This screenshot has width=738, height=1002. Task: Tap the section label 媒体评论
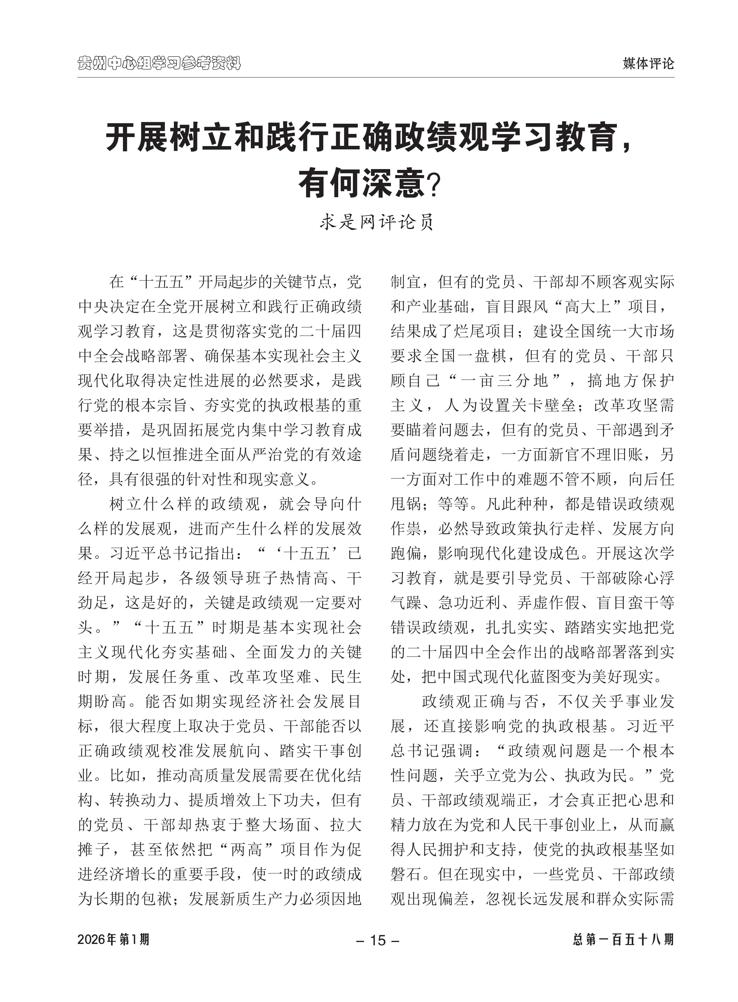pos(648,63)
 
